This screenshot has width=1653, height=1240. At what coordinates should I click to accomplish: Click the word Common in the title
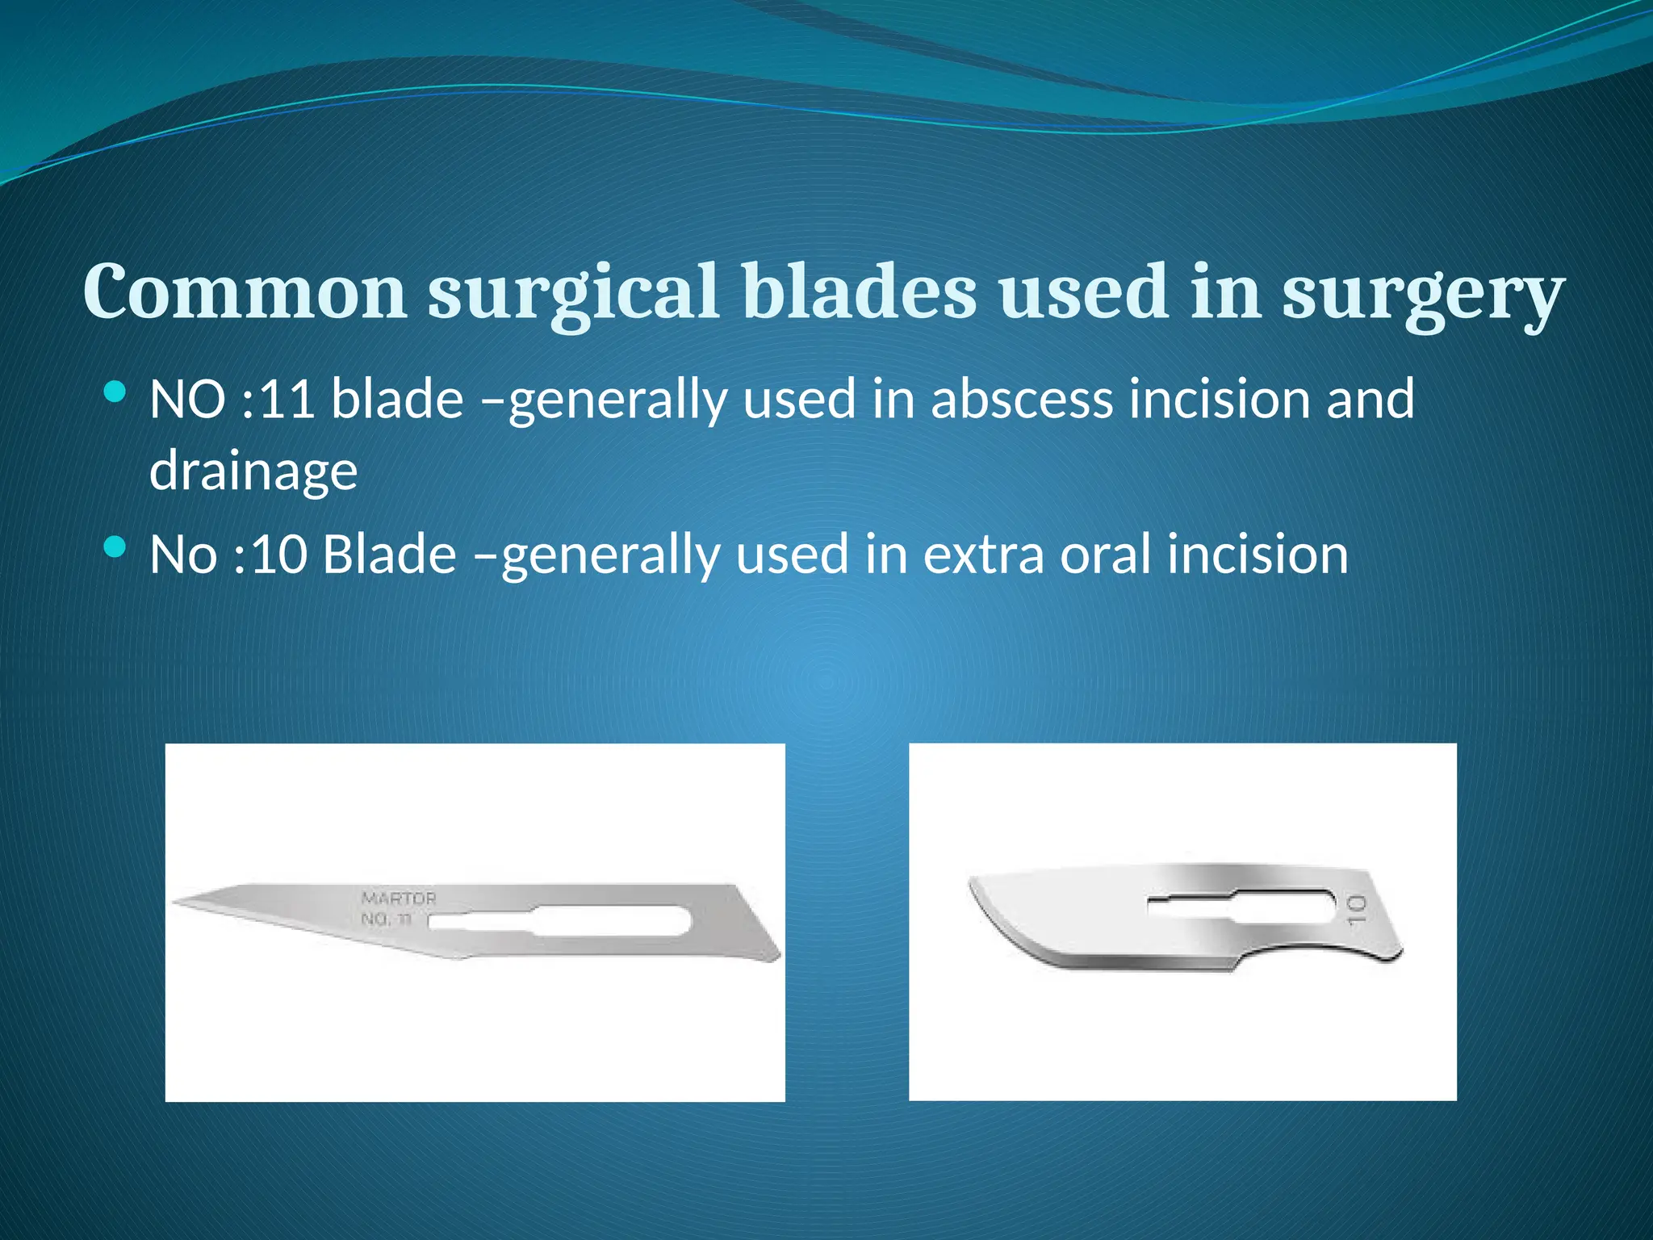coord(245,291)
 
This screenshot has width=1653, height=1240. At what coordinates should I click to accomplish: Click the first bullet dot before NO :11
coord(115,393)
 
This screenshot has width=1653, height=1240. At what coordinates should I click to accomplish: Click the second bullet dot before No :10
coord(115,548)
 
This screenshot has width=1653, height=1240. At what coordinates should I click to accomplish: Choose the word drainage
coord(253,471)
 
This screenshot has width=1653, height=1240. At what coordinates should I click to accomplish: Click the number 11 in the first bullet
coord(287,399)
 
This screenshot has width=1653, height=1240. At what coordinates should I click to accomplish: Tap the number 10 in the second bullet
coord(279,555)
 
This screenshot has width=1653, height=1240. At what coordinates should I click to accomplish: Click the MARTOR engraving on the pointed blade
coord(399,899)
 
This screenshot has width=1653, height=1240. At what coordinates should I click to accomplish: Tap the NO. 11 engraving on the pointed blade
coord(387,919)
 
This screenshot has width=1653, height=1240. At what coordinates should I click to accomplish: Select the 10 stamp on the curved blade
coord(1357,909)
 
